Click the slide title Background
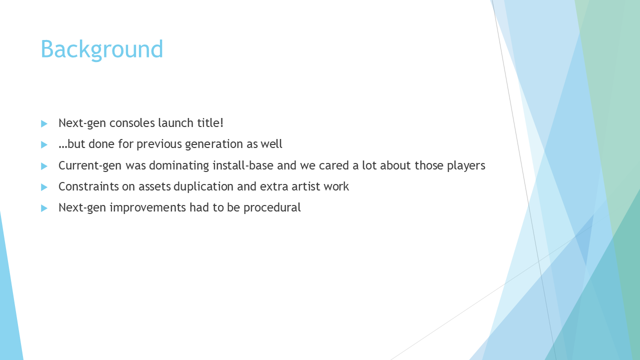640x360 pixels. click(x=101, y=49)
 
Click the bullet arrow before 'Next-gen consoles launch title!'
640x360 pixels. click(x=44, y=123)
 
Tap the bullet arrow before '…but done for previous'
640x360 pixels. click(x=44, y=144)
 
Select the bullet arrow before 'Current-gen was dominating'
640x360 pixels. click(x=44, y=166)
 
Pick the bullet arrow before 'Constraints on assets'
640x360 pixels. click(x=44, y=187)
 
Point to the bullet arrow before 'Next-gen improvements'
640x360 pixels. click(x=44, y=208)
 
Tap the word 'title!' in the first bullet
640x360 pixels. click(x=210, y=123)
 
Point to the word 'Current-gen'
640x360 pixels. click(x=90, y=165)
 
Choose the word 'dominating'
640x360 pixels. click(x=179, y=165)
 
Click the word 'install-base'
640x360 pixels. click(x=243, y=165)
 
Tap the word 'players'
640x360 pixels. click(x=466, y=166)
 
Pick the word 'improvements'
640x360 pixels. click(x=147, y=208)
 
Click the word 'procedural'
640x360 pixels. click(x=272, y=207)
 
